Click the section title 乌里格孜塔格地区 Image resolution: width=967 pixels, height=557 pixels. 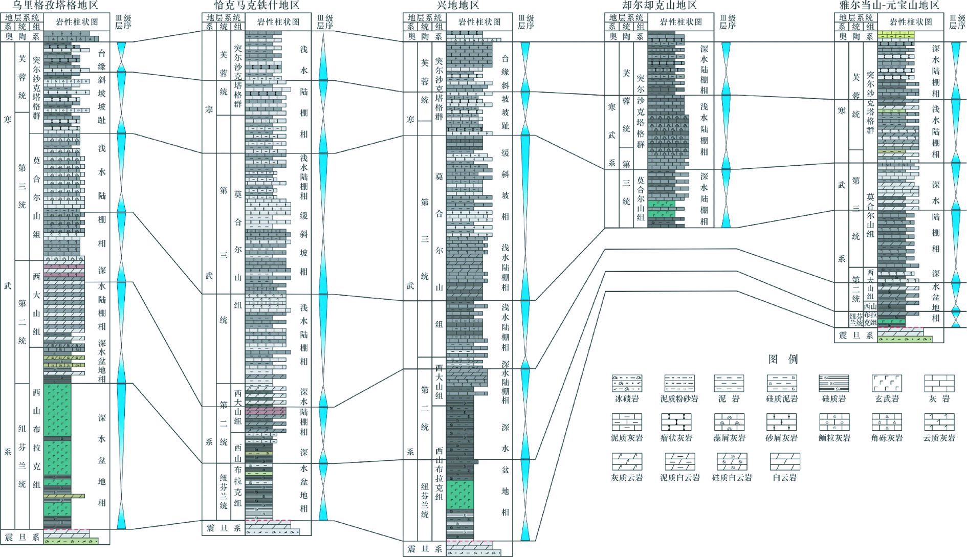(x=55, y=6)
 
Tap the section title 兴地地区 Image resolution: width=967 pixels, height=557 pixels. (x=458, y=6)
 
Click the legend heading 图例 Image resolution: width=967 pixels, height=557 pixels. (x=783, y=359)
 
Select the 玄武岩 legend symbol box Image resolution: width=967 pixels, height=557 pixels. (x=887, y=383)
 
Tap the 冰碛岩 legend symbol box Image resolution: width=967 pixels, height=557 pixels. (x=627, y=383)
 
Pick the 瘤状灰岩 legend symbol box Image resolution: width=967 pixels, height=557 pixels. (x=676, y=422)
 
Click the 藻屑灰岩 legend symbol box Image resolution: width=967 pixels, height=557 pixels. (x=729, y=422)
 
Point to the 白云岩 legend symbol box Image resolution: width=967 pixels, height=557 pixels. (x=785, y=462)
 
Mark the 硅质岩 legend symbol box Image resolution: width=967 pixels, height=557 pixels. (x=834, y=383)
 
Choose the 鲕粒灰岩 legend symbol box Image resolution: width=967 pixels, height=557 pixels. (x=834, y=422)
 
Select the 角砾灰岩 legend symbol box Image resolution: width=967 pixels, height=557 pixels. (x=887, y=422)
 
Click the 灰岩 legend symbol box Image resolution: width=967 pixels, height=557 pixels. (x=939, y=383)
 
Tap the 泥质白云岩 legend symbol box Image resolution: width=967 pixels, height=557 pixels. (x=679, y=462)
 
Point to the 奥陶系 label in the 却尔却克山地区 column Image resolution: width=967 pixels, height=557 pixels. (x=626, y=36)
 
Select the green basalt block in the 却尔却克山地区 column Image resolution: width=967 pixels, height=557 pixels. (x=661, y=209)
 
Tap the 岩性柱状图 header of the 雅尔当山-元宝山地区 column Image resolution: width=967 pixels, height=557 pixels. (x=911, y=22)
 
